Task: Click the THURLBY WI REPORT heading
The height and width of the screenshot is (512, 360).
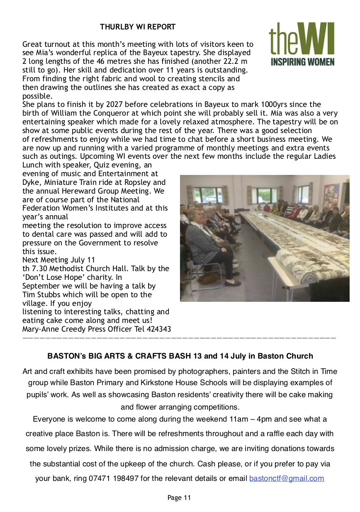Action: click(x=138, y=27)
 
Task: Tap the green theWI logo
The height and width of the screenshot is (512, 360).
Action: click(x=301, y=39)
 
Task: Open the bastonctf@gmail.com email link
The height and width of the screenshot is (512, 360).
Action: click(x=286, y=478)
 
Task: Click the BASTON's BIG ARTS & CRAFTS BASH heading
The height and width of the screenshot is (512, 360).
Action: click(x=180, y=356)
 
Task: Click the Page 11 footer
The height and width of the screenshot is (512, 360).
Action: click(x=179, y=497)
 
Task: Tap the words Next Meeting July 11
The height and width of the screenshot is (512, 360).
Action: click(x=58, y=260)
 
